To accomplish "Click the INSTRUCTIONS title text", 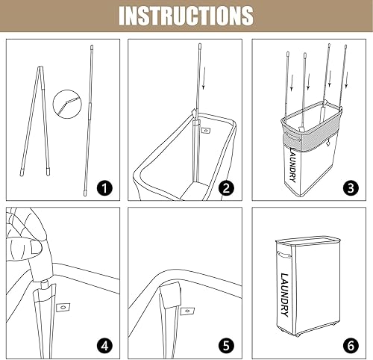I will (186, 15).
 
